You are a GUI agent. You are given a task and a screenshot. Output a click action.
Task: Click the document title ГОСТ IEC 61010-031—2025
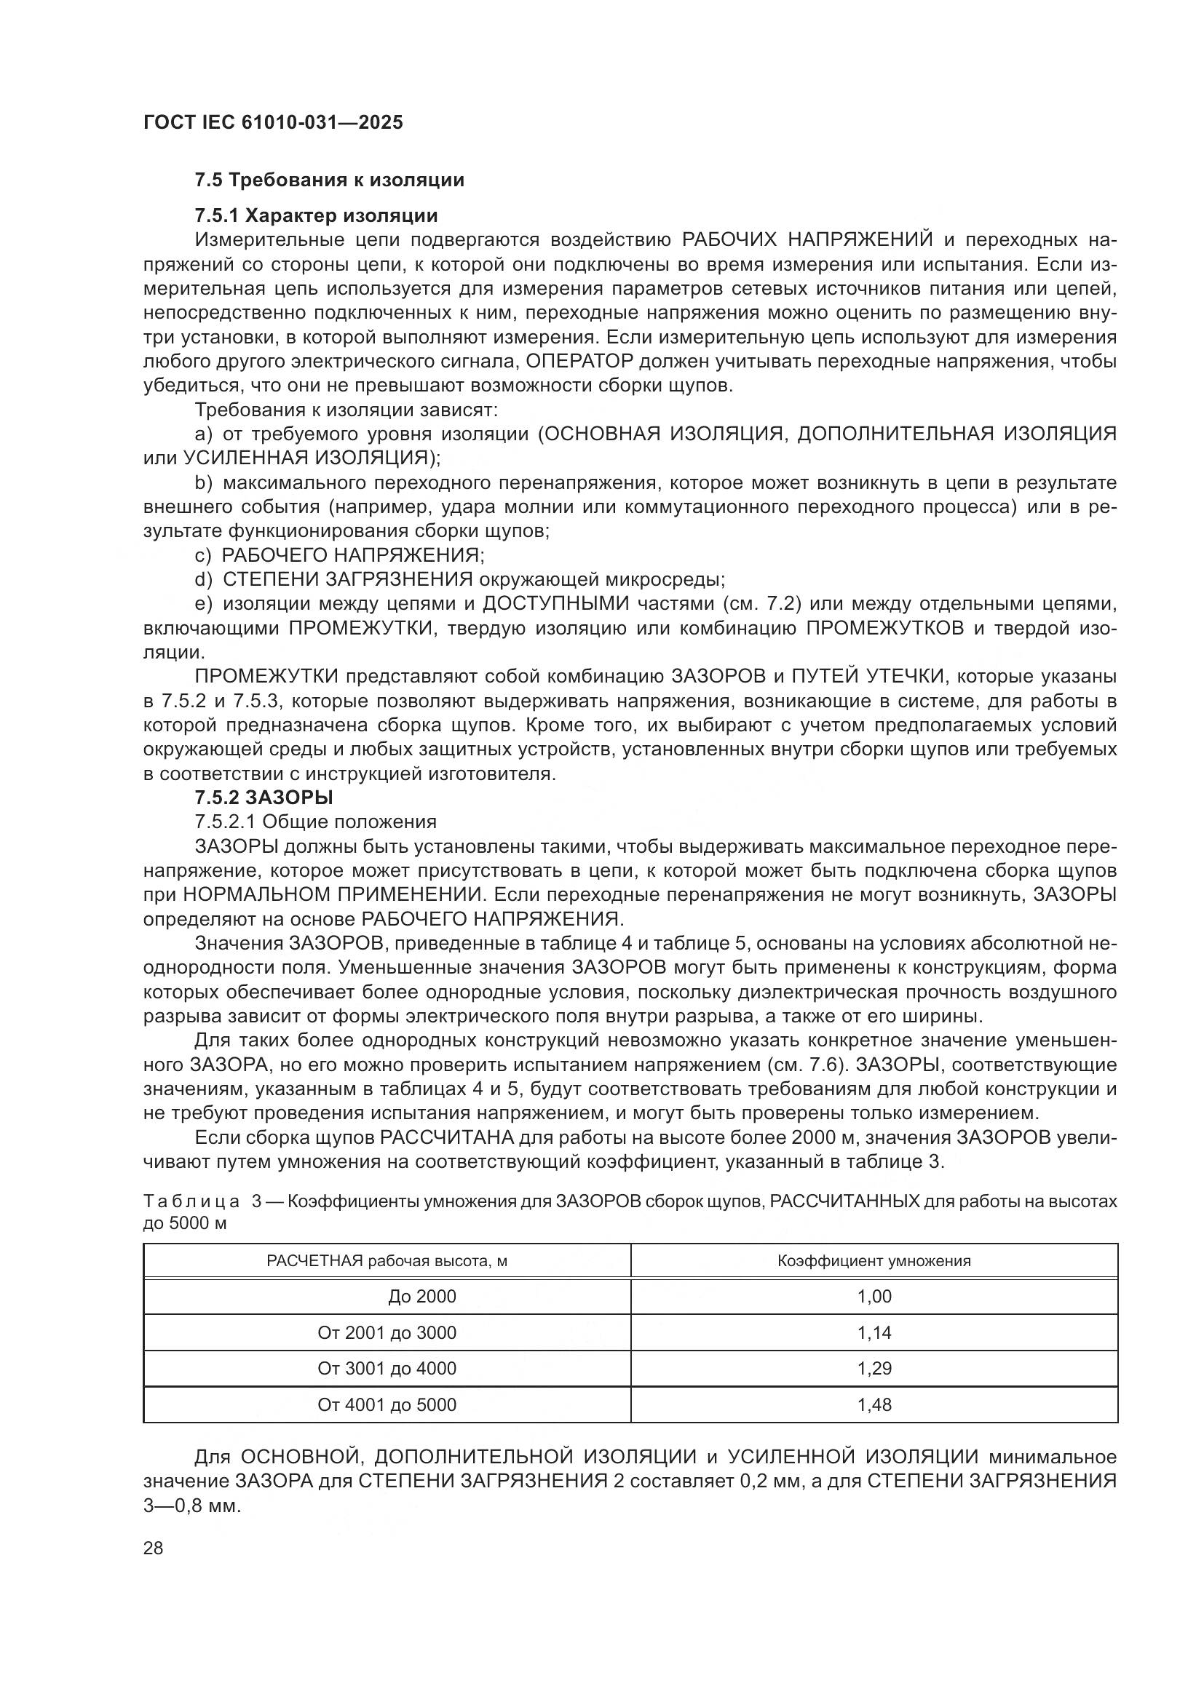273,123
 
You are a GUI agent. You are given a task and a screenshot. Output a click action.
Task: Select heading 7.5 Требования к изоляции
329,180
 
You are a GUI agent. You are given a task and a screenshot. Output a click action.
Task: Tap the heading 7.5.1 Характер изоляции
316,215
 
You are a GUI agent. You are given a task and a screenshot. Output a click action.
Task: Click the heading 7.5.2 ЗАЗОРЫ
264,798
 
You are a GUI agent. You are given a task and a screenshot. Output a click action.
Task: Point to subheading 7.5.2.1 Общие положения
315,822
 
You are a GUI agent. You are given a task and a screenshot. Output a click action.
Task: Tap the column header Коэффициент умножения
874,1261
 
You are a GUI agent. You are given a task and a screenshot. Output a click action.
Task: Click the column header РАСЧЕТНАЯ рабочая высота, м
387,1261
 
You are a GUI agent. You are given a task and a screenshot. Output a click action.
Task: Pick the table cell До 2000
422,1297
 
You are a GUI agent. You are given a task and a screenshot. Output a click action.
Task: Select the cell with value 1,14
874,1333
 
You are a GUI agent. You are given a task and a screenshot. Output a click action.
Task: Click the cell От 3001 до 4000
387,1369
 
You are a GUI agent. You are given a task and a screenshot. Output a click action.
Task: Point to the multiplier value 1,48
874,1404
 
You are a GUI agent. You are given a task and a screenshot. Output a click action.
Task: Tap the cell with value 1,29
874,1369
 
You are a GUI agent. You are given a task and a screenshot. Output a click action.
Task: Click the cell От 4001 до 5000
387,1404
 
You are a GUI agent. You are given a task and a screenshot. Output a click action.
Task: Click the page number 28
154,1548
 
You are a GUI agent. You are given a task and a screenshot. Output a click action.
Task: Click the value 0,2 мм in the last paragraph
764,1481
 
